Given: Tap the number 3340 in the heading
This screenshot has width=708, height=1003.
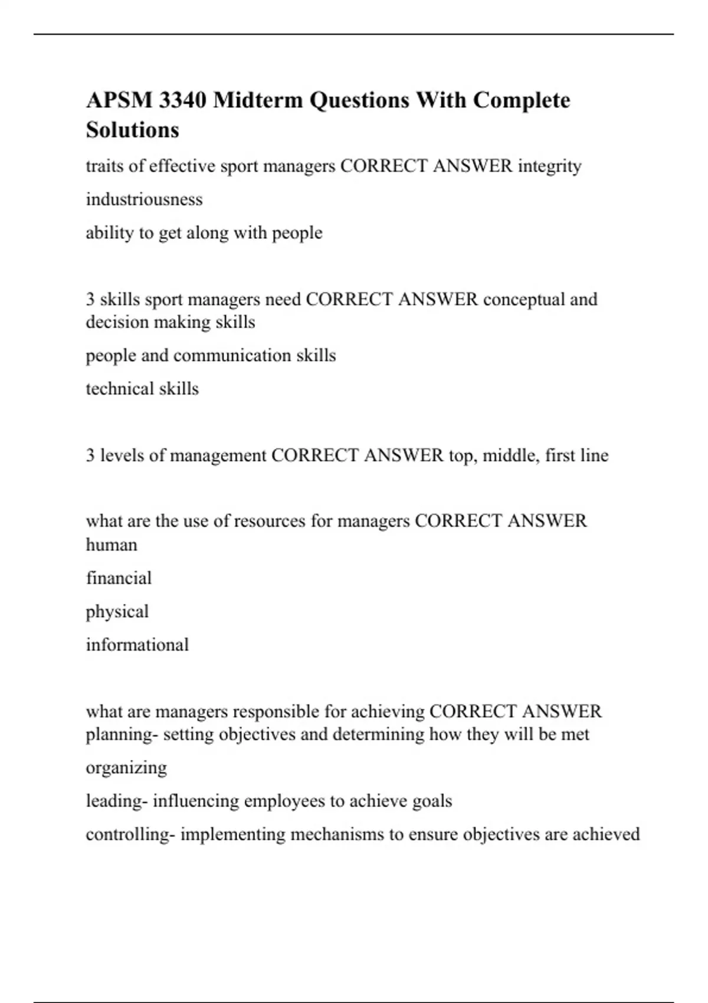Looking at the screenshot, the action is coord(183,100).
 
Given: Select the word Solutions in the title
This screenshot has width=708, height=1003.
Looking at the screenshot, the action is coord(132,130).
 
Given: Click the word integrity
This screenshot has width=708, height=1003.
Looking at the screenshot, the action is coord(550,166).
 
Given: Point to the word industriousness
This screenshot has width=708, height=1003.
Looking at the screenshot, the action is coord(144,199).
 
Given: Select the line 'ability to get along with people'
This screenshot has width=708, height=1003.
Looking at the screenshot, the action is coord(204,233).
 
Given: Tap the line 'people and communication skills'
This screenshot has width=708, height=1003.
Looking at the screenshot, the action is coord(211,356).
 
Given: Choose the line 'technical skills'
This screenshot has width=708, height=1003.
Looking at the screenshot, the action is coord(142,389).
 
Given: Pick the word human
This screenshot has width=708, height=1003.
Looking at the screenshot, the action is coord(112,545).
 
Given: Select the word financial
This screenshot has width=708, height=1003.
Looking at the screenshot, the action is coord(119,578).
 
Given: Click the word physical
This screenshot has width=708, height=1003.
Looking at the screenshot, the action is coord(117,612).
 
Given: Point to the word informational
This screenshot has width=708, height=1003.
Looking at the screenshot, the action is coord(137,645).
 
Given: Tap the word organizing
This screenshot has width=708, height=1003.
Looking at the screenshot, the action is coord(126,768).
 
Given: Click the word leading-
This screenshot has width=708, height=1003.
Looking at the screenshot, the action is coord(117,801).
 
